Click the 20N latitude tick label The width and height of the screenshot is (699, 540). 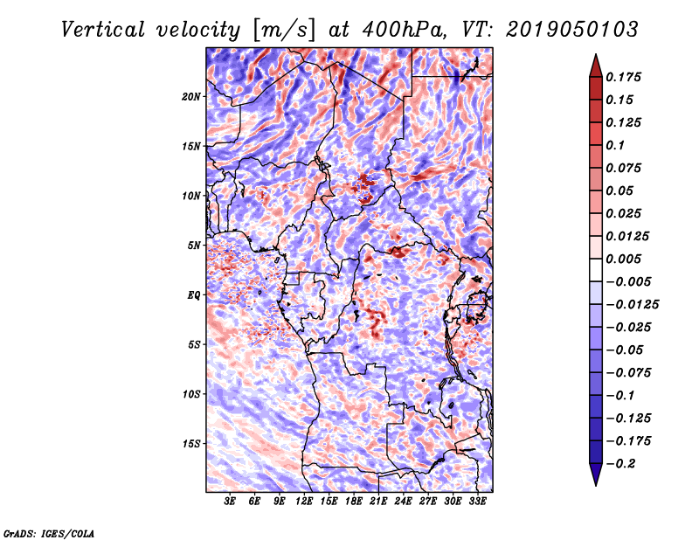tap(191, 96)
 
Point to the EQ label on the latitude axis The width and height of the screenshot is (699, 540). tap(194, 294)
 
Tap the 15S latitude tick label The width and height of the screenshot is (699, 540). tap(191, 443)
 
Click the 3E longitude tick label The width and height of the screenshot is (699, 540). tap(231, 502)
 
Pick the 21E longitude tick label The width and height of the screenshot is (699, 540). tap(378, 502)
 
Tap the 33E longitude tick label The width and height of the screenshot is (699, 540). tap(477, 502)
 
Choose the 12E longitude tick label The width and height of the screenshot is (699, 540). tap(304, 502)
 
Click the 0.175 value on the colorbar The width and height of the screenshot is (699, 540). tap(626, 77)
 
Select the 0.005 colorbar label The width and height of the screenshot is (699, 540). tap(626, 259)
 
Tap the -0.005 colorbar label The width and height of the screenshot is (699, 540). tap(630, 281)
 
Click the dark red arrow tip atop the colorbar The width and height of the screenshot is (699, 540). tap(595, 63)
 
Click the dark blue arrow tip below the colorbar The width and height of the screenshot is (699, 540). tap(595, 476)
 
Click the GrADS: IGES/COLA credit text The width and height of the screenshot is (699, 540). tap(48, 532)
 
